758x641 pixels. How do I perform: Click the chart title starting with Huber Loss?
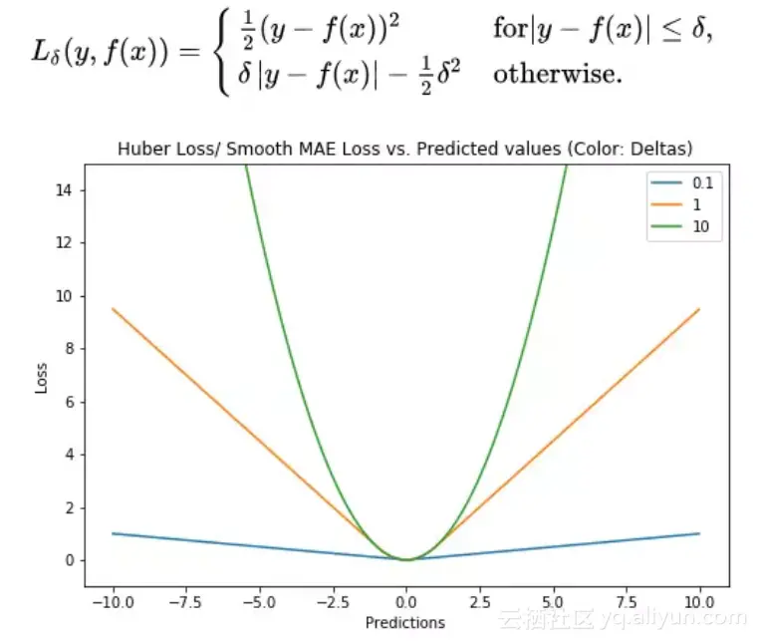tap(404, 150)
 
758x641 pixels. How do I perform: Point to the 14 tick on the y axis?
tap(70, 190)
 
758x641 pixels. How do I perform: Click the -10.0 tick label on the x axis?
tap(113, 602)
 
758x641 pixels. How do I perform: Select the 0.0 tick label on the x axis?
tap(405, 602)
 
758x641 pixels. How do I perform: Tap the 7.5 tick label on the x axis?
tap(626, 602)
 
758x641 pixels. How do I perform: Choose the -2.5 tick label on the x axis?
tap(332, 602)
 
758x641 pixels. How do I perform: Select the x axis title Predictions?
tap(404, 623)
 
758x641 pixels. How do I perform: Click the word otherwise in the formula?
tap(558, 74)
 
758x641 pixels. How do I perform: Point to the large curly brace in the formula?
tap(222, 51)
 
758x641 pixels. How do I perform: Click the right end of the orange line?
tap(699, 309)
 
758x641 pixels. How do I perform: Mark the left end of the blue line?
tap(113, 533)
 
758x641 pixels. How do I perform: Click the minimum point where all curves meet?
tap(405, 559)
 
